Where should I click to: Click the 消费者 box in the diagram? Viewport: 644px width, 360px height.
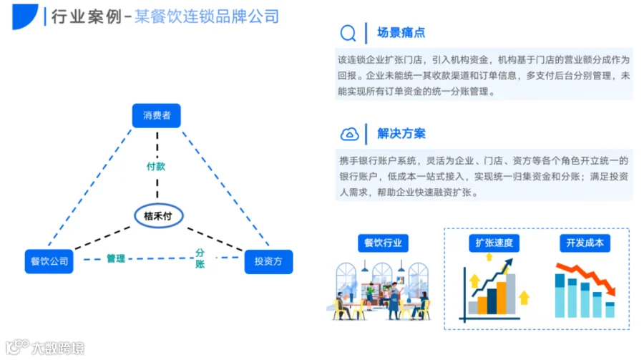pyautogui.click(x=157, y=115)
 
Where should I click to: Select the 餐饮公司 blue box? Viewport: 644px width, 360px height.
pyautogui.click(x=49, y=261)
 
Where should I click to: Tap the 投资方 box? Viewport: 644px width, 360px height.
pyautogui.click(x=268, y=261)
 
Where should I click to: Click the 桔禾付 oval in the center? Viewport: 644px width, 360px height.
pyautogui.click(x=159, y=215)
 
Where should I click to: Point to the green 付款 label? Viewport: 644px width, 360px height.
pyautogui.click(x=156, y=167)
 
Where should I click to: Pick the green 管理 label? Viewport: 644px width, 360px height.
pyautogui.click(x=116, y=258)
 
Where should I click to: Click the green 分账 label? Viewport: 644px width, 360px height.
pyautogui.click(x=200, y=258)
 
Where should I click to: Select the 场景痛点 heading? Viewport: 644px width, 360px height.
pyautogui.click(x=401, y=32)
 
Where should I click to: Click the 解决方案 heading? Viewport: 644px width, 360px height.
pyautogui.click(x=401, y=134)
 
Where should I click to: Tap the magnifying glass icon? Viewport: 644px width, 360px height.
pyautogui.click(x=348, y=33)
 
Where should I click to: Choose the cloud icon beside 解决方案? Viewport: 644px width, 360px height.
pyautogui.click(x=349, y=134)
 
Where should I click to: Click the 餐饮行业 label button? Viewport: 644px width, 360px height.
pyautogui.click(x=384, y=243)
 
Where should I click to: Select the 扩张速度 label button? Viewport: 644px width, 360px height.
pyautogui.click(x=494, y=243)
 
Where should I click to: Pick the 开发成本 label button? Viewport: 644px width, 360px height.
pyautogui.click(x=585, y=243)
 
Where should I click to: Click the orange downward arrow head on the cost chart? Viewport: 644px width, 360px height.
pyautogui.click(x=611, y=291)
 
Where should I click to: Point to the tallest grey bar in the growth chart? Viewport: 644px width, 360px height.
pyautogui.click(x=510, y=294)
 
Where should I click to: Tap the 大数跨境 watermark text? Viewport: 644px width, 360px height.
pyautogui.click(x=58, y=348)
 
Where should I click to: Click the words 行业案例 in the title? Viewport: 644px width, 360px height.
pyautogui.click(x=87, y=17)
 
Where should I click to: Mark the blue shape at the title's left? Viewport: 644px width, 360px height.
pyautogui.click(x=24, y=17)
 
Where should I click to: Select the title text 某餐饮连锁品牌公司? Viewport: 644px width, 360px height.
pyautogui.click(x=207, y=17)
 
